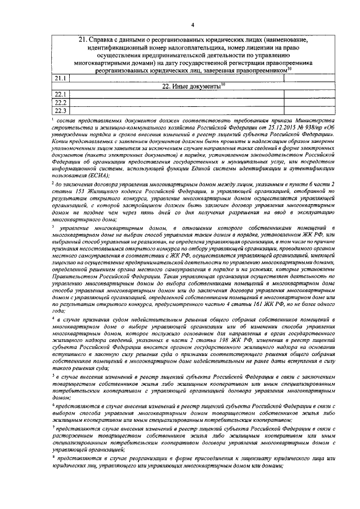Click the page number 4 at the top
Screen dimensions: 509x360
192,25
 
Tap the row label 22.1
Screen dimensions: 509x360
60,93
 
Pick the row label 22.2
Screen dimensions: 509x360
60,102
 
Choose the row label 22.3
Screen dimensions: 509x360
60,110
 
